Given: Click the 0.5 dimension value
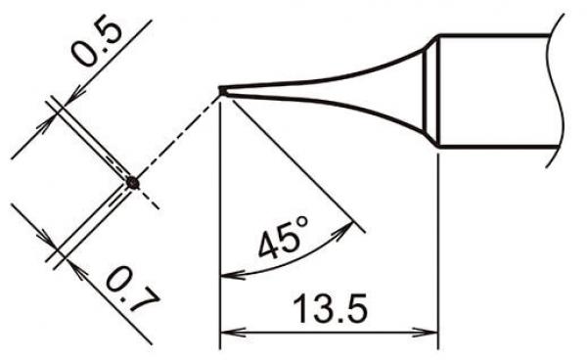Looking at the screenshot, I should click(x=96, y=44).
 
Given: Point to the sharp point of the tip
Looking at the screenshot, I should click(x=221, y=91).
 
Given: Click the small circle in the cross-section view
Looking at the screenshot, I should click(x=133, y=182).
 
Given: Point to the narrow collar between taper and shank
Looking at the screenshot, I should click(x=430, y=91).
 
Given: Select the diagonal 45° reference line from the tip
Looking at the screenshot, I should click(x=293, y=162).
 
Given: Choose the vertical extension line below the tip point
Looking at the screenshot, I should click(x=221, y=196).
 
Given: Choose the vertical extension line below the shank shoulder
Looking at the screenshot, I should click(x=435, y=245).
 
